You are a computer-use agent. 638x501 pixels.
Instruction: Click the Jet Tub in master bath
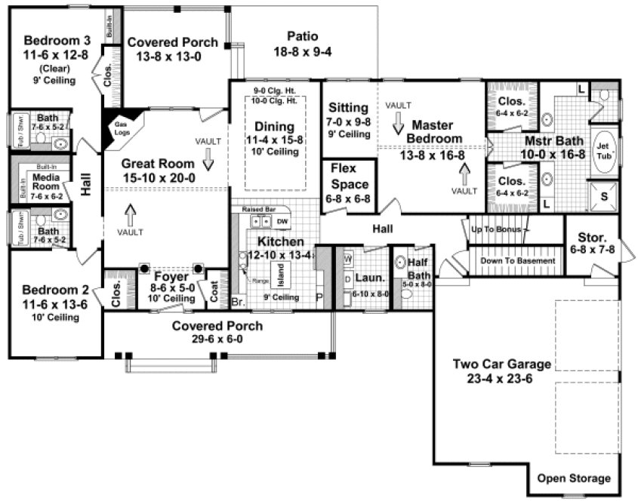(603, 146)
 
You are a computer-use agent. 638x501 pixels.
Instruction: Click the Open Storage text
(573, 478)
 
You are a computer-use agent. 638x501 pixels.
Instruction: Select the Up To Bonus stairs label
(499, 228)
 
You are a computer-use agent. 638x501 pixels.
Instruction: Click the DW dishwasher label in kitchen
(282, 221)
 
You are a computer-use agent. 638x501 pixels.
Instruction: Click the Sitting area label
(349, 108)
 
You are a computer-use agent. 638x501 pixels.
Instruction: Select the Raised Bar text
(258, 208)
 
